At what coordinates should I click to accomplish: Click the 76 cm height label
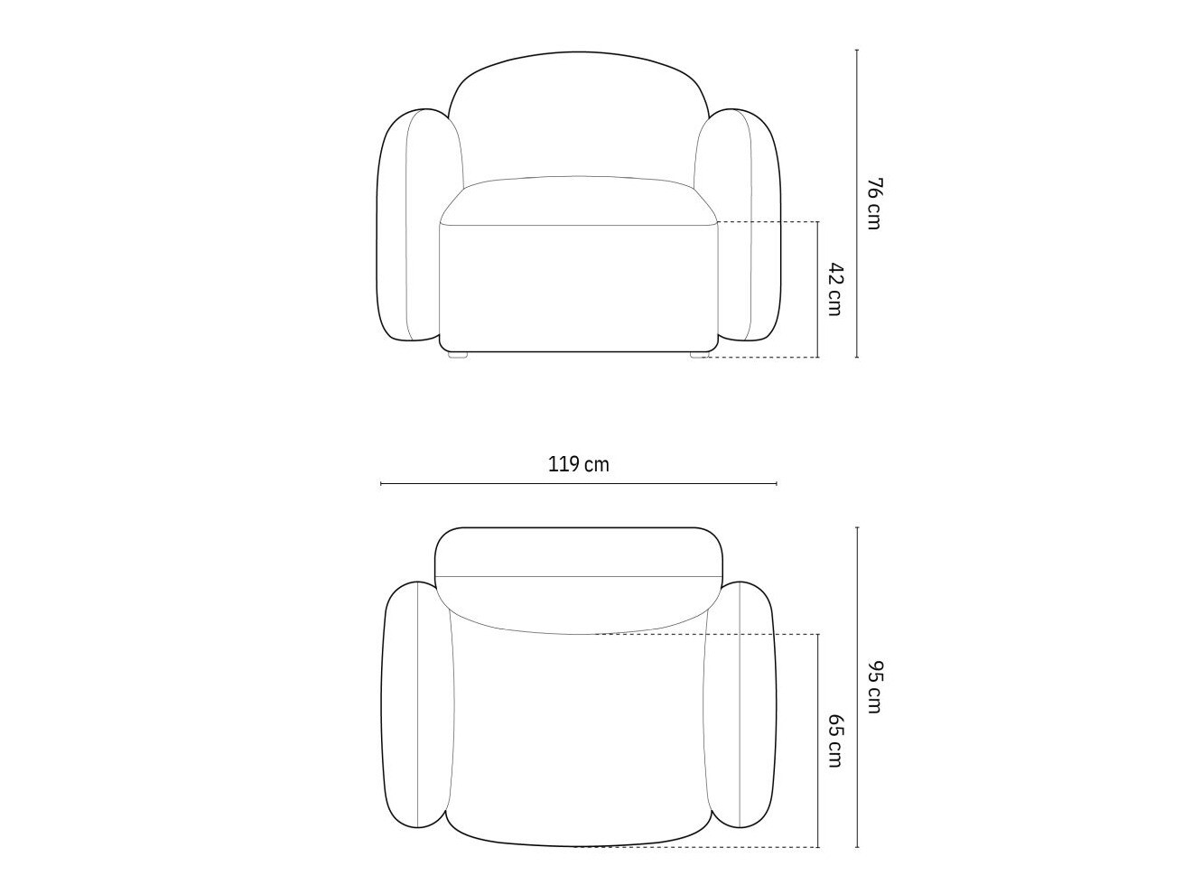872,203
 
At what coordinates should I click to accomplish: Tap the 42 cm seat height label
834,289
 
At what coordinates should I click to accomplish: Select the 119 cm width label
578,465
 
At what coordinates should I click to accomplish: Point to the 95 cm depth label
872,686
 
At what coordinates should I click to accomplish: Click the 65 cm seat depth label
834,740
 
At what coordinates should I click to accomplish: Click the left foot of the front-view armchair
459,355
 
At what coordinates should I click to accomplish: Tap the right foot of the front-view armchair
700,355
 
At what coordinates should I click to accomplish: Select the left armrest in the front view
413,225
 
